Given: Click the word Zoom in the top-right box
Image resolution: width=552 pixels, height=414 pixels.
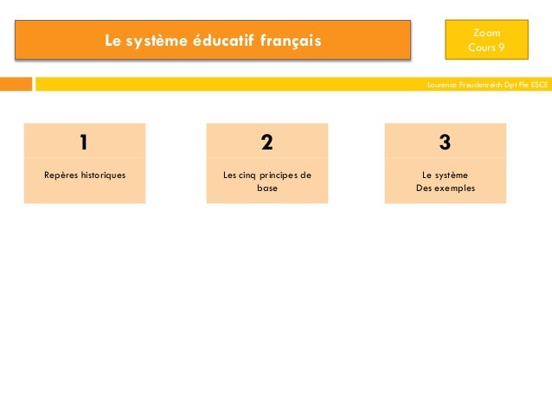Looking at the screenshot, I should (x=486, y=33).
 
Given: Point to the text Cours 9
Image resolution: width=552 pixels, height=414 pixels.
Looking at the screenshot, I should (x=486, y=48).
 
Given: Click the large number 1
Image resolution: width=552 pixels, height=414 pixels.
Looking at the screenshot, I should (x=84, y=141).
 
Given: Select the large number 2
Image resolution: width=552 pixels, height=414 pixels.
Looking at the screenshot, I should (x=266, y=141).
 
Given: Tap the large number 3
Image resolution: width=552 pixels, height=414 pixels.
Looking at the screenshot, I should (x=445, y=141).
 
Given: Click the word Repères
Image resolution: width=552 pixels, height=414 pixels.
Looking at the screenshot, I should (x=61, y=175).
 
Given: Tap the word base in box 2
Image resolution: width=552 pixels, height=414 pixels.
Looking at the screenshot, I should (x=266, y=188).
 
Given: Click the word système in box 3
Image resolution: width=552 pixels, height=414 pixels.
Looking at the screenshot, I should (x=453, y=175).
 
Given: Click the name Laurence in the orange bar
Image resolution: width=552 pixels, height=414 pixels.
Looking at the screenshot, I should (x=444, y=84).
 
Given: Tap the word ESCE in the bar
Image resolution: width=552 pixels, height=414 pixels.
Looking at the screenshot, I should (x=540, y=84).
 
